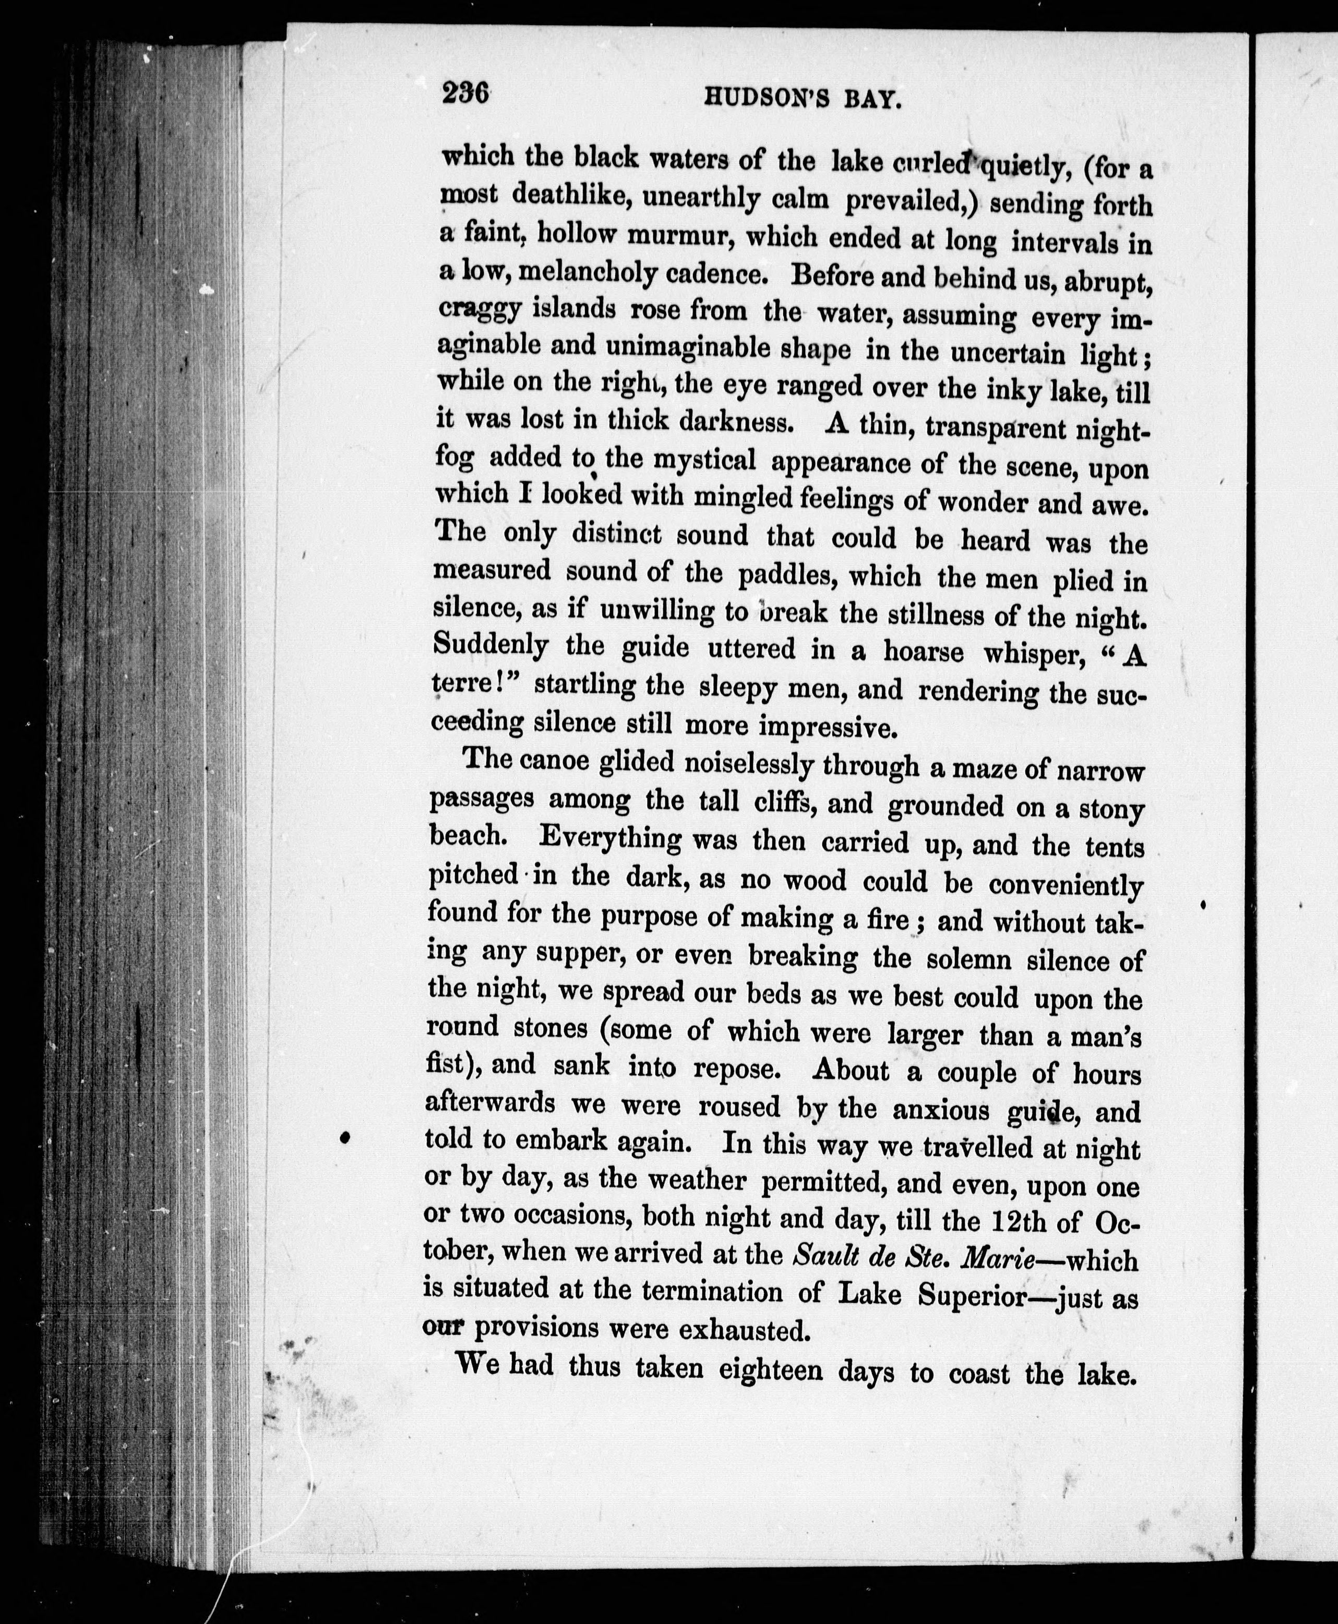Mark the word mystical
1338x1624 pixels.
704,461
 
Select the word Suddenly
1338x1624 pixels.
492,644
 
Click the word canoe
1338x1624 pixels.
553,761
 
